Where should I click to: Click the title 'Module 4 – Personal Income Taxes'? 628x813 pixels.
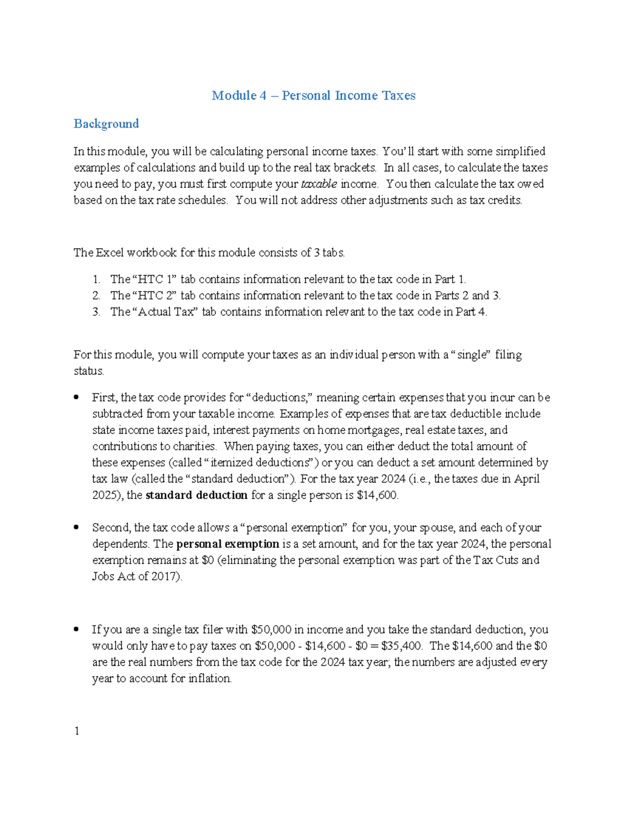point(313,96)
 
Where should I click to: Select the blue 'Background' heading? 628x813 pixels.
point(106,124)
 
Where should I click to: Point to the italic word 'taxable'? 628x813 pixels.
point(319,184)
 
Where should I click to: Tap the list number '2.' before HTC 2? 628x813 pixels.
point(96,296)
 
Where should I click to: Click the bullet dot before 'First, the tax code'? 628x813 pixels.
point(76,397)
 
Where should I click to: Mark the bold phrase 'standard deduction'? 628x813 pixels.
point(196,495)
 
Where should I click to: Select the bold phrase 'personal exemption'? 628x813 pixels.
point(228,544)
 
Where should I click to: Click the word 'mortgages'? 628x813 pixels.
point(374,430)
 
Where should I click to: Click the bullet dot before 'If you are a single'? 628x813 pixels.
point(76,629)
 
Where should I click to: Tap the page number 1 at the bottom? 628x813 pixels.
point(77,731)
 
